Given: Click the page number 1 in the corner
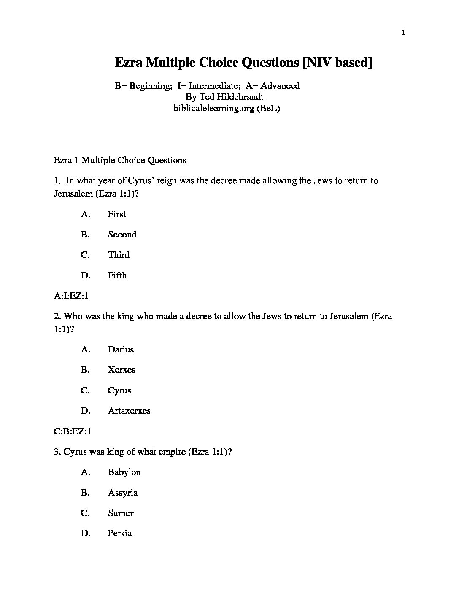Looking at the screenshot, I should pyautogui.click(x=403, y=33).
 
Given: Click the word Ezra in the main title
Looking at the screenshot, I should pyautogui.click(x=129, y=63).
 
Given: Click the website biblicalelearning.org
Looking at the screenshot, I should pyautogui.click(x=213, y=108).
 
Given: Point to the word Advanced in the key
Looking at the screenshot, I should pyautogui.click(x=280, y=86).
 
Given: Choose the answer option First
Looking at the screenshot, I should pyautogui.click(x=117, y=214).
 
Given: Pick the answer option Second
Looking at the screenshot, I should pyautogui.click(x=122, y=235).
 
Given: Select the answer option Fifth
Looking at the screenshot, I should pyautogui.click(x=117, y=276).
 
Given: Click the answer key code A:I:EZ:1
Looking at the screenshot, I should pyautogui.click(x=71, y=296).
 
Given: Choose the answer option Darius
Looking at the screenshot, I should pyautogui.click(x=121, y=349).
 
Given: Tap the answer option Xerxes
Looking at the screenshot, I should pyautogui.click(x=121, y=370).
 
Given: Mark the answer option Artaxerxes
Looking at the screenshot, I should pyautogui.click(x=129, y=411).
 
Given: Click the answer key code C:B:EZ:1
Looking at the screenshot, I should pyautogui.click(x=73, y=431).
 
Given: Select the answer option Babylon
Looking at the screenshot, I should pyautogui.click(x=124, y=472).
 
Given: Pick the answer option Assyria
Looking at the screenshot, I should pyautogui.click(x=123, y=493).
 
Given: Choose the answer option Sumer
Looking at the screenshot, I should pyautogui.click(x=121, y=513).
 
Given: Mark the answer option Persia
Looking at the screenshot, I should pyautogui.click(x=120, y=533).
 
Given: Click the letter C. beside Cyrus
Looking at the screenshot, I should pyautogui.click(x=85, y=390).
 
